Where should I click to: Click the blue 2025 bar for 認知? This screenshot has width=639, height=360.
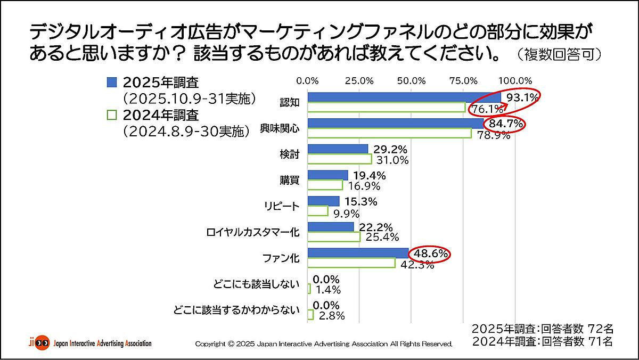[404, 97]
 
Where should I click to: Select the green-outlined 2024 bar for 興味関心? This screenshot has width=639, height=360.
[389, 133]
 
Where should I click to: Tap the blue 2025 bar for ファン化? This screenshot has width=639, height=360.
[358, 253]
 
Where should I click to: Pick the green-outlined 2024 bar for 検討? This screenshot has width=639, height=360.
[339, 159]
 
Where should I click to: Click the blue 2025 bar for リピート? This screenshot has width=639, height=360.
[323, 201]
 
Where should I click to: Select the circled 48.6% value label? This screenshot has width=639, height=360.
[430, 255]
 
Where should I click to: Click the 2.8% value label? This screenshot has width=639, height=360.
[331, 316]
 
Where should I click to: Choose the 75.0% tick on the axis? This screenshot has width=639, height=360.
[463, 81]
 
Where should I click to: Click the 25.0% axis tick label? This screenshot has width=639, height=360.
[359, 81]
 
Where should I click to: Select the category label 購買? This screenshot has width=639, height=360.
[290, 181]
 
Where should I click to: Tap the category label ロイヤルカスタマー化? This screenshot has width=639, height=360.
[252, 233]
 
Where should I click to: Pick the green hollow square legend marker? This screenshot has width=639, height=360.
[111, 114]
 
